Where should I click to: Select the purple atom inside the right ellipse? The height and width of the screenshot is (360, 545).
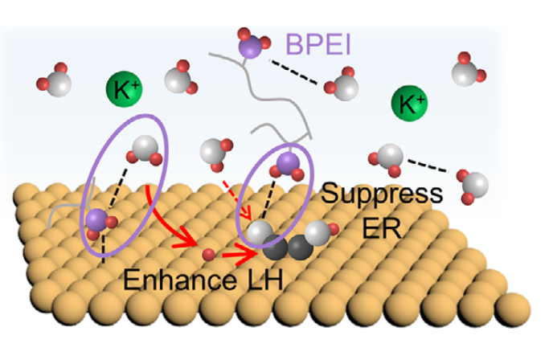tap(285, 166)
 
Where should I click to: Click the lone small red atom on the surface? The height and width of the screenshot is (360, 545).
tap(208, 256)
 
